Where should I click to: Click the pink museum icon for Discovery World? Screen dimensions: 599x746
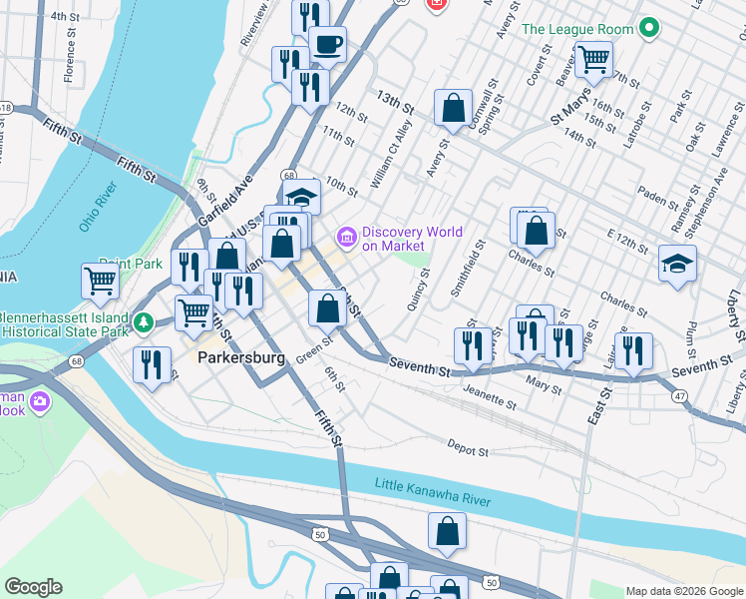pos(347,238)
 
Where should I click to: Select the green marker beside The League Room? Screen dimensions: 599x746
pos(649,29)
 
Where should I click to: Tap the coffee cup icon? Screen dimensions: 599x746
pos(327,45)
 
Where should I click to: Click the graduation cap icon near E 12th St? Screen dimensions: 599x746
pos(677,264)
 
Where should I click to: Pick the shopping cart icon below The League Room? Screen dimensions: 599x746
pos(594,59)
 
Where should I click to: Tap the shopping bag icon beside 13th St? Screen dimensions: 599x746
pos(453,108)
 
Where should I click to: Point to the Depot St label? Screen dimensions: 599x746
pos(467,449)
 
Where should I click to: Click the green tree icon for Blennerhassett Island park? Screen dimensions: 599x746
pos(144,322)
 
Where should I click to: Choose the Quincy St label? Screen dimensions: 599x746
pos(420,289)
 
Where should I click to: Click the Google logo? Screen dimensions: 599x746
pos(33,587)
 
